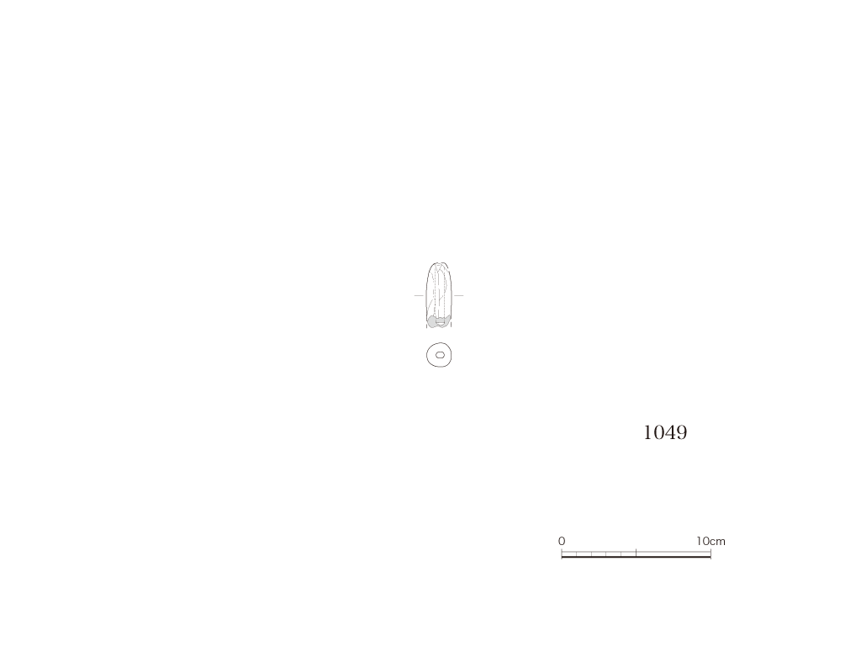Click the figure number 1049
665,433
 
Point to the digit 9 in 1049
681,433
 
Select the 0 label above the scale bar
561,541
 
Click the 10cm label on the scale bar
710,541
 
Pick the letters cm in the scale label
718,542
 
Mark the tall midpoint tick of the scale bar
636,552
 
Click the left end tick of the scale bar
561,553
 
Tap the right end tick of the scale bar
710,553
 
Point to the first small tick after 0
576,553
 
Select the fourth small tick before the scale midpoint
576,553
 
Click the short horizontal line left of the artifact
419,295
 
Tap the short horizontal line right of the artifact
458,295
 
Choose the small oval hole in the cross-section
440,356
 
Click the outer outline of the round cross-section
426,355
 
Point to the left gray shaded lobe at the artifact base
432,322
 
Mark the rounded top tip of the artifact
437,263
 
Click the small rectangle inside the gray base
440,322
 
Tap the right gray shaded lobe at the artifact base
446,320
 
